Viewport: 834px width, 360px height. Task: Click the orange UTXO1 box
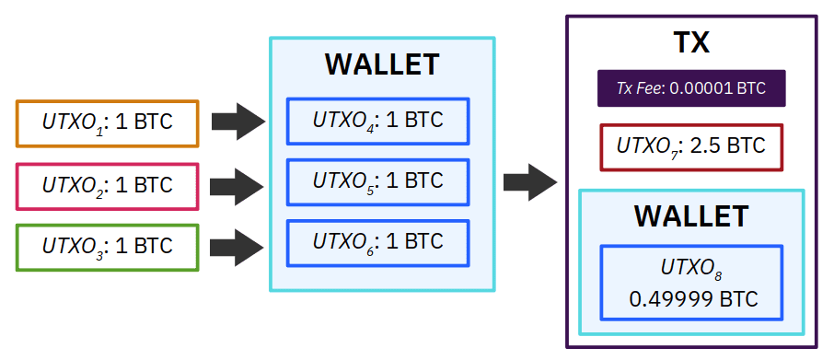click(107, 123)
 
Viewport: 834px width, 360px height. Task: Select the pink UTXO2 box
click(107, 186)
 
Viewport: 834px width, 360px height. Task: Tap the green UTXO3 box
click(107, 248)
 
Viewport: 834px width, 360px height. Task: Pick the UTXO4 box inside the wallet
click(377, 122)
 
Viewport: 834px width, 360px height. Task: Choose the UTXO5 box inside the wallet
click(377, 182)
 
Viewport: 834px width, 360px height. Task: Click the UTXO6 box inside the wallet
click(377, 243)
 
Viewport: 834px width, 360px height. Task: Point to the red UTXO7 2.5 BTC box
click(691, 147)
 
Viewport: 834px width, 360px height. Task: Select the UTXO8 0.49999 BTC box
click(691, 283)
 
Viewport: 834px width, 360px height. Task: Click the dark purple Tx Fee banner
click(691, 88)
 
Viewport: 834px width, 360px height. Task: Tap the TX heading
click(691, 42)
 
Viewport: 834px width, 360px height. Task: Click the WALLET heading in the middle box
click(382, 64)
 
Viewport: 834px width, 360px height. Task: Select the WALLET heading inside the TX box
click(691, 216)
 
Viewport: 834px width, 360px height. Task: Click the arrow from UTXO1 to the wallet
click(238, 122)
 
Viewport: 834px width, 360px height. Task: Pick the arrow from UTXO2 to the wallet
click(237, 187)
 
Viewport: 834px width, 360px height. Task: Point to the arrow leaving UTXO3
click(237, 248)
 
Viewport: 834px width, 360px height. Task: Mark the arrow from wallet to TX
click(530, 182)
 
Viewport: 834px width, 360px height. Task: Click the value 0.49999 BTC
click(693, 299)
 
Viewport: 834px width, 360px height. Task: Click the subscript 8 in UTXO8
click(718, 275)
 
